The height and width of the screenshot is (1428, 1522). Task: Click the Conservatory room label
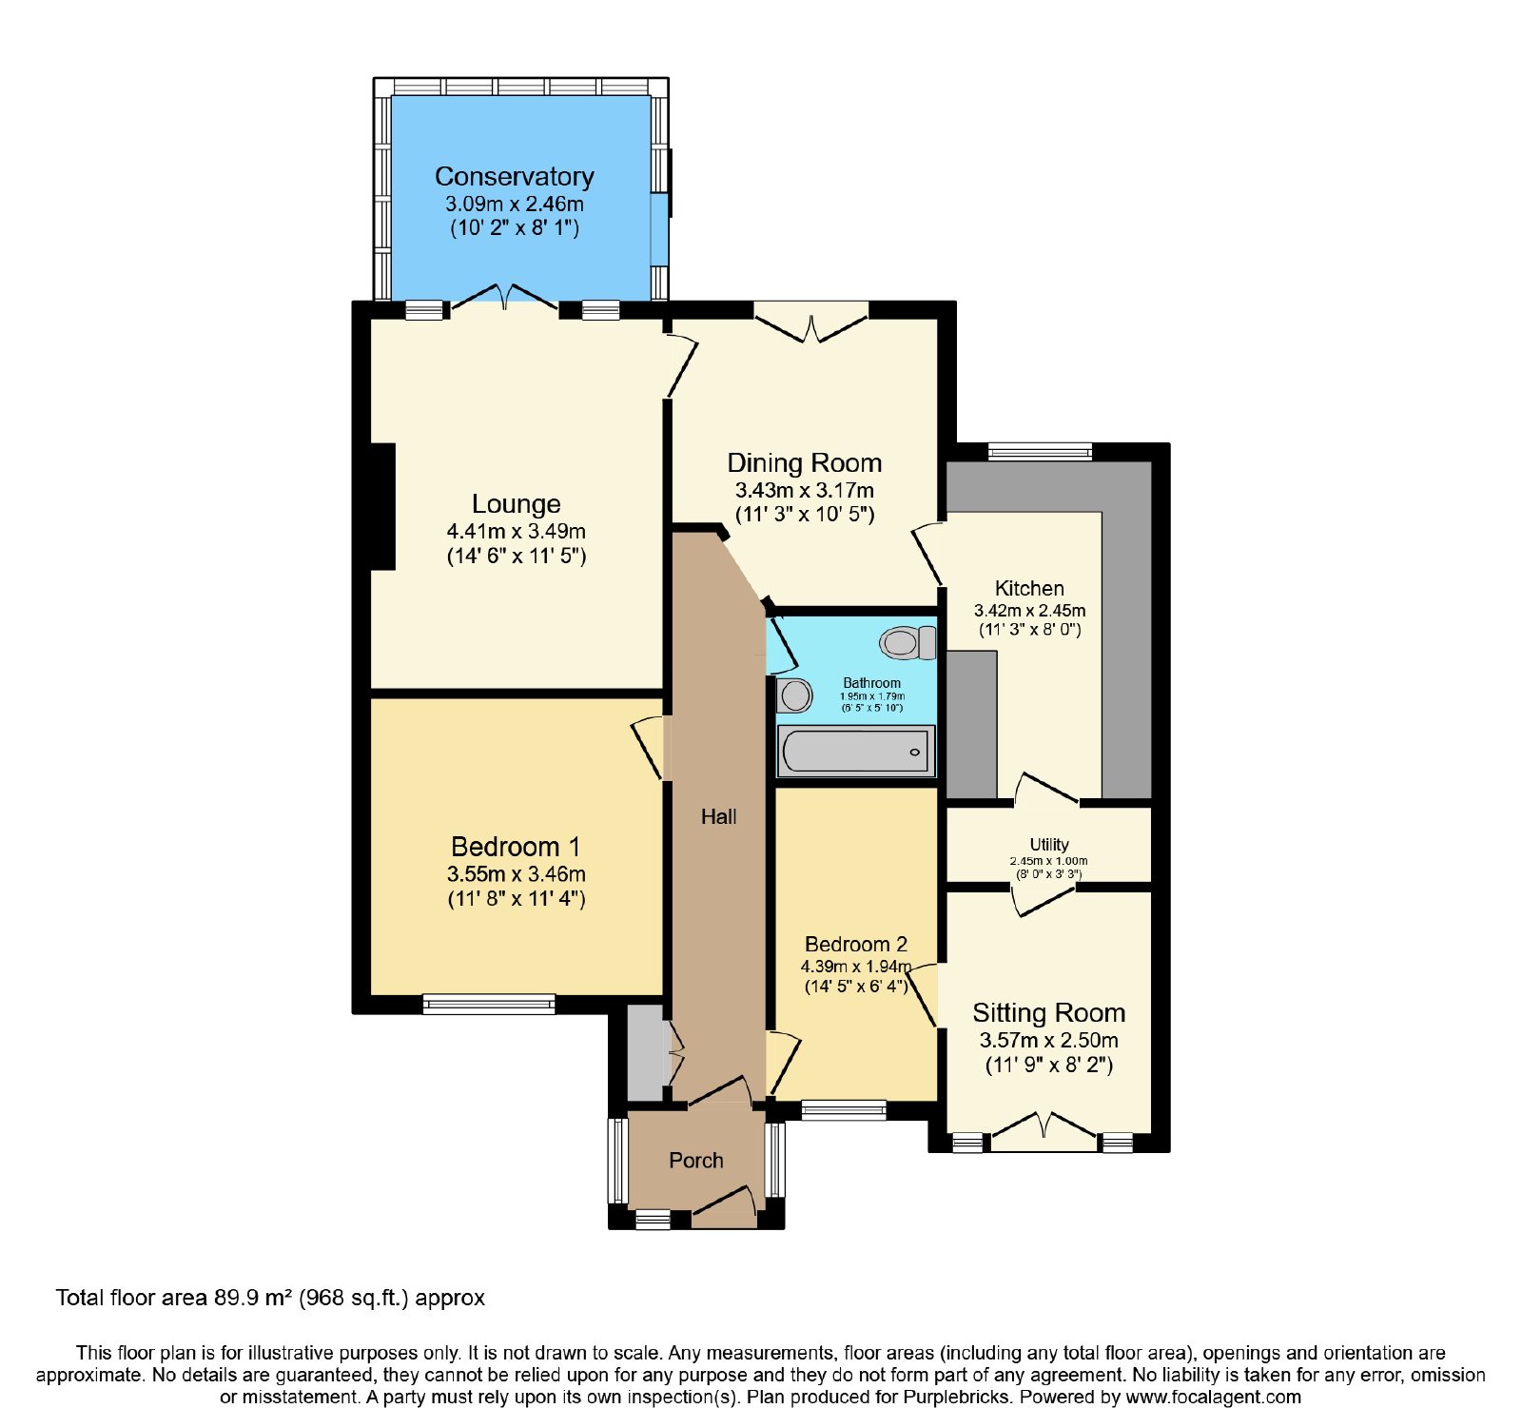[x=515, y=177]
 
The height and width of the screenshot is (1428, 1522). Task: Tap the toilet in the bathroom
[x=907, y=643]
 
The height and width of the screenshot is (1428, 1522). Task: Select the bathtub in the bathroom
[x=856, y=752]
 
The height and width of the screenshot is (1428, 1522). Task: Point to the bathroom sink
[x=794, y=695]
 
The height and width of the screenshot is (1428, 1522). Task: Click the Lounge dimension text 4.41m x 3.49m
[x=517, y=531]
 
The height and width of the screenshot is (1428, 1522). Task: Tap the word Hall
[x=719, y=816]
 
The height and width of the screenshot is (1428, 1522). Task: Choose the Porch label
[x=696, y=1161]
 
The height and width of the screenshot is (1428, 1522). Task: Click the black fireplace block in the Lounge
[x=382, y=506]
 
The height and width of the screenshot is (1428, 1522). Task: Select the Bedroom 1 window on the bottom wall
[x=489, y=1004]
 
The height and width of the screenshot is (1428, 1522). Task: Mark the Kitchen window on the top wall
[x=1041, y=452]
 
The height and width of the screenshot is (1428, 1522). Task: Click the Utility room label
[x=1049, y=845]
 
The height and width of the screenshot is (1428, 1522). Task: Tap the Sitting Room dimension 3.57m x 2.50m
[x=1049, y=1041]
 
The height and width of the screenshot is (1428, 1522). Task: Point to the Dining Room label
[x=805, y=463]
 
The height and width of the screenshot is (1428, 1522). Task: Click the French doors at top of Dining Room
[x=811, y=322]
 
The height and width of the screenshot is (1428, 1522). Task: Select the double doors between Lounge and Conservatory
[x=504, y=297]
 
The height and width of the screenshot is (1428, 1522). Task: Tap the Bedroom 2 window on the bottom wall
[x=844, y=1109]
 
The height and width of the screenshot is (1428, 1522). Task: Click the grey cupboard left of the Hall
[x=646, y=1052]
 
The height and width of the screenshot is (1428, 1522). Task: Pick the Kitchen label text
[x=1029, y=589]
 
